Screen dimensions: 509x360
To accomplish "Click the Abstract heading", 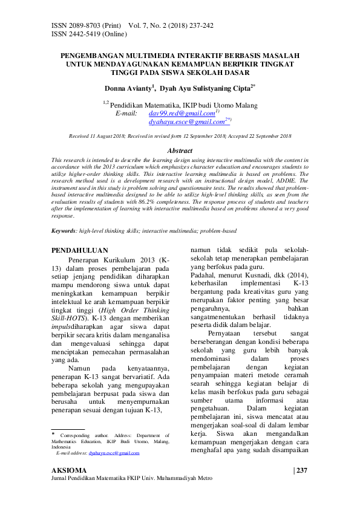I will (180, 151).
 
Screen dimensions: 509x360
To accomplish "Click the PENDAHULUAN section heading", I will (80, 250).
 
